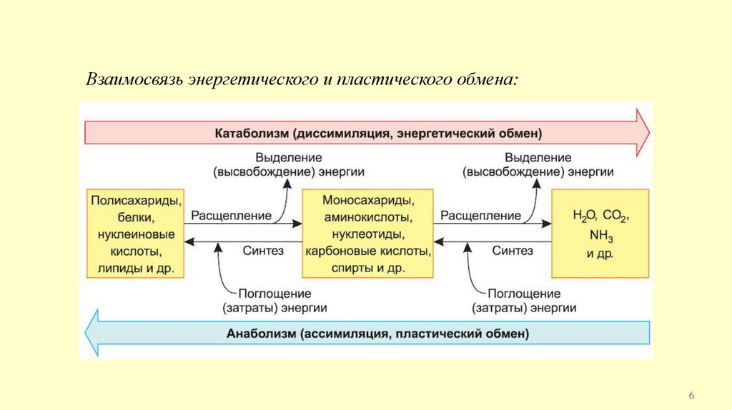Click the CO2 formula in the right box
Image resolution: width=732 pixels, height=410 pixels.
pyautogui.click(x=616, y=215)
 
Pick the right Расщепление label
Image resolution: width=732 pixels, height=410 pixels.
pyautogui.click(x=480, y=215)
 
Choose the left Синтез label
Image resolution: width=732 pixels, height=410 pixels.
pyautogui.click(x=263, y=251)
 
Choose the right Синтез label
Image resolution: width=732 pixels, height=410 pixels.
pyautogui.click(x=513, y=251)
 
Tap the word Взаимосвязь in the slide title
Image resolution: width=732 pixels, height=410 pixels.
pyautogui.click(x=134, y=79)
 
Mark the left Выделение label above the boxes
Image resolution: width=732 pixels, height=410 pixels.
pyautogui.click(x=288, y=156)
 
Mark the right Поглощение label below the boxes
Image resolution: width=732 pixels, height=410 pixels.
pyautogui.click(x=524, y=294)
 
